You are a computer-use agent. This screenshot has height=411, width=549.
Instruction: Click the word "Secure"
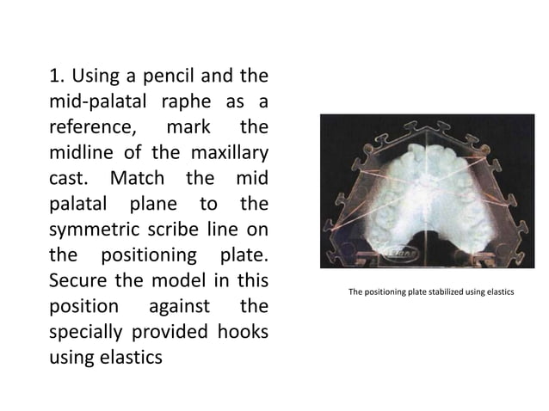(77, 282)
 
